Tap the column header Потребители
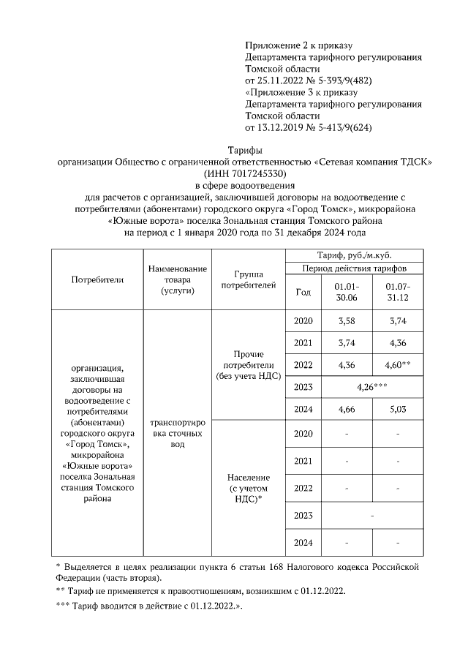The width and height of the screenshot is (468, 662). (97, 279)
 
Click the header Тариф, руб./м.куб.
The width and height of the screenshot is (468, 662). (355, 255)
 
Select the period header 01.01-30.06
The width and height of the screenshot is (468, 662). (345, 291)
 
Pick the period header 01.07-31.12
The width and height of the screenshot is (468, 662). (397, 291)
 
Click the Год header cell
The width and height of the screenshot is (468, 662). (302, 291)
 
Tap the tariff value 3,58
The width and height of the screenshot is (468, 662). (345, 321)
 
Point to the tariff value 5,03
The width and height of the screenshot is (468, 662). (397, 410)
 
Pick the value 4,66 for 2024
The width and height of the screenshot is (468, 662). (345, 410)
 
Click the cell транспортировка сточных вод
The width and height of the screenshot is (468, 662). (177, 433)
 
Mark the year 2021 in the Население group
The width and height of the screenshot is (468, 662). (302, 461)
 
